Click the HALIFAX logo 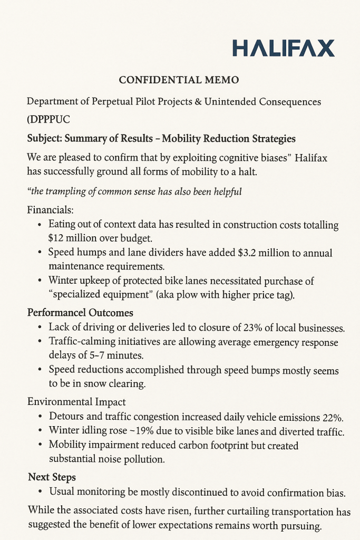point(283,48)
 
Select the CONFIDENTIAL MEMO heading point(179,80)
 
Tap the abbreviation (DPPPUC point(48,119)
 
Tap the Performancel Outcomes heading point(80,313)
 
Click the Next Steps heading point(52,477)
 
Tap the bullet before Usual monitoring point(41,492)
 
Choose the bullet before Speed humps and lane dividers point(41,253)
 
